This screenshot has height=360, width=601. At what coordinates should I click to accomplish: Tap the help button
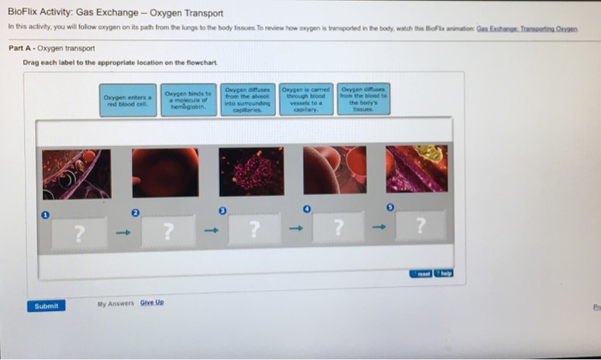click(444, 273)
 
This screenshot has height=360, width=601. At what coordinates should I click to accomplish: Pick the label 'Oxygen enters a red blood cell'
click(128, 101)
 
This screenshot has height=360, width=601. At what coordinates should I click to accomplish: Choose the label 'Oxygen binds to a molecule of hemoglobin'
click(187, 100)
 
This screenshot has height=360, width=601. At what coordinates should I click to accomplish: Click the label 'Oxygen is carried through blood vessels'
click(305, 100)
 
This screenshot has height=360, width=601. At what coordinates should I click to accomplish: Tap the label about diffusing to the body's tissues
click(364, 100)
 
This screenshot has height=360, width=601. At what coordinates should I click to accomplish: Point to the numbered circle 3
click(222, 210)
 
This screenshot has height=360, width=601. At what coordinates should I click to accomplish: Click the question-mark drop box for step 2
click(168, 230)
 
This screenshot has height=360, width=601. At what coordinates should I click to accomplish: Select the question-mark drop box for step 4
click(338, 229)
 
